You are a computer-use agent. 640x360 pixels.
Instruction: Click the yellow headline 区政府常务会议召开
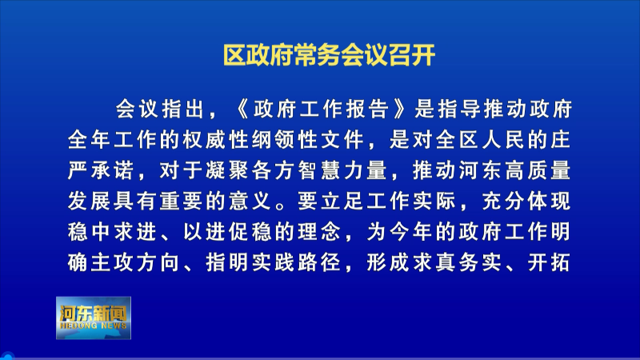(x=329, y=54)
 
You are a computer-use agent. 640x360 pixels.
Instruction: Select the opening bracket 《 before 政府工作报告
(x=242, y=110)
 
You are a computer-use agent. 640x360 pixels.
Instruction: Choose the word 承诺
(x=113, y=170)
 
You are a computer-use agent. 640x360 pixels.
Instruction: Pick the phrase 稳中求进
(x=112, y=232)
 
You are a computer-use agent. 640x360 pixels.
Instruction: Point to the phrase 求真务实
(x=457, y=262)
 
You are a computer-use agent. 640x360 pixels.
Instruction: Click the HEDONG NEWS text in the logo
(x=93, y=326)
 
